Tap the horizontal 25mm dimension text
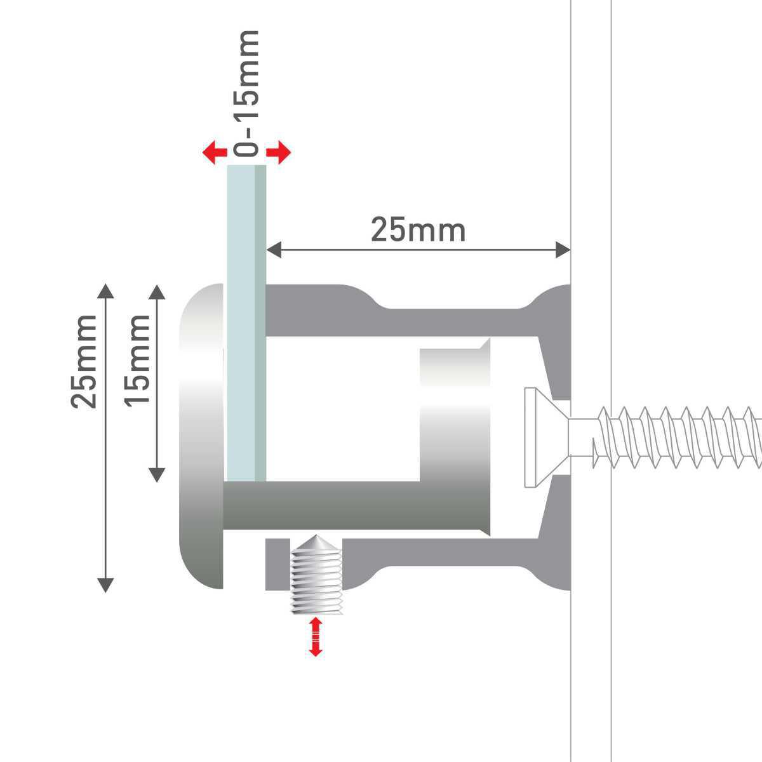[418, 230]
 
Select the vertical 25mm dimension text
[83, 362]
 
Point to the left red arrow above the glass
[215, 152]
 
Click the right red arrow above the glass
[279, 152]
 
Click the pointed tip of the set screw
[316, 535]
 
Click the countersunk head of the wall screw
[547, 438]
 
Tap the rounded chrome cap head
[202, 436]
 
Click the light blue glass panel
[246, 323]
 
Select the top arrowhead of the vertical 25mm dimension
[105, 291]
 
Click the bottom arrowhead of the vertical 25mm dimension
[105, 585]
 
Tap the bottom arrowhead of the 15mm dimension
[157, 475]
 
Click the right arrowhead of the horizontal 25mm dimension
[563, 250]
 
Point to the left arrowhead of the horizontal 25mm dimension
[274, 250]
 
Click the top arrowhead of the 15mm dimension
[157, 292]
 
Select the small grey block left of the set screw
[277, 565]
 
